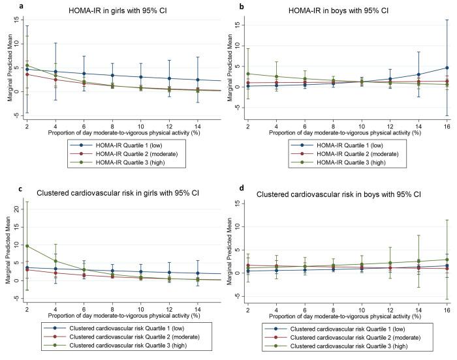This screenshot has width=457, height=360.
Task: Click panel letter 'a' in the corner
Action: (x=5, y=5)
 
